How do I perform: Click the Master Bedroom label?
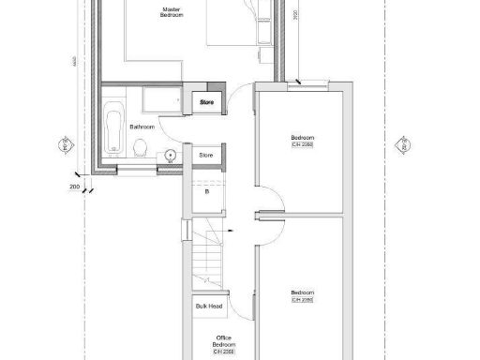[x=171, y=13]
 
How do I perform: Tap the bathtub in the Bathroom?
[x=113, y=128]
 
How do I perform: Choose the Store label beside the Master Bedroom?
[x=206, y=101]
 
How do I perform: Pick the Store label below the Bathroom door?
[x=206, y=155]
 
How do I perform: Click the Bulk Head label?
[x=207, y=306]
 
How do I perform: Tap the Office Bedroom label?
[x=224, y=340]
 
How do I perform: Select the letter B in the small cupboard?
[x=206, y=192]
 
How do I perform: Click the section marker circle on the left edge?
[x=67, y=146]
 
